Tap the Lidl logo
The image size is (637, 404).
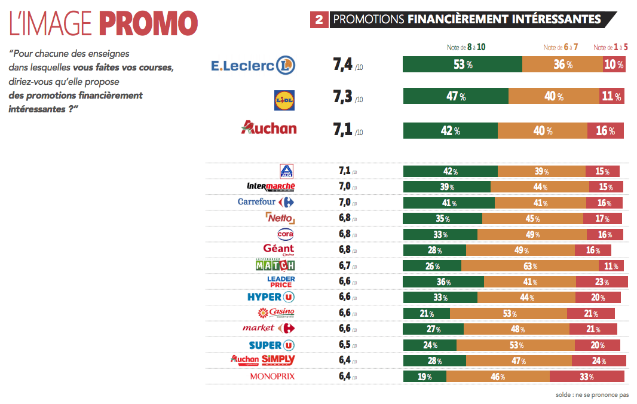pyautogui.click(x=284, y=99)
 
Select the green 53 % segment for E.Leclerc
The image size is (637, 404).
pyautogui.click(x=463, y=65)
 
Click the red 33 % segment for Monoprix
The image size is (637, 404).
pyautogui.click(x=587, y=377)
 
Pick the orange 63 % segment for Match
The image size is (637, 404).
pyautogui.click(x=530, y=265)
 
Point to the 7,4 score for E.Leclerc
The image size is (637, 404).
pyautogui.click(x=343, y=65)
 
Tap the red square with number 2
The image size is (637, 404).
pyautogui.click(x=319, y=20)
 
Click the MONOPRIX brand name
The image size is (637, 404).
pyautogui.click(x=272, y=377)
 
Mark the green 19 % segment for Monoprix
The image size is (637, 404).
pyautogui.click(x=425, y=377)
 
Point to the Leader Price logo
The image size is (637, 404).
pyautogui.click(x=280, y=281)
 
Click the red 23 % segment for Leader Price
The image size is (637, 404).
pyautogui.click(x=602, y=281)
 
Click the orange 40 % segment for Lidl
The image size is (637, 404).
pyautogui.click(x=554, y=96)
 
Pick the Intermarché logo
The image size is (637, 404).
pyautogui.click(x=271, y=186)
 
